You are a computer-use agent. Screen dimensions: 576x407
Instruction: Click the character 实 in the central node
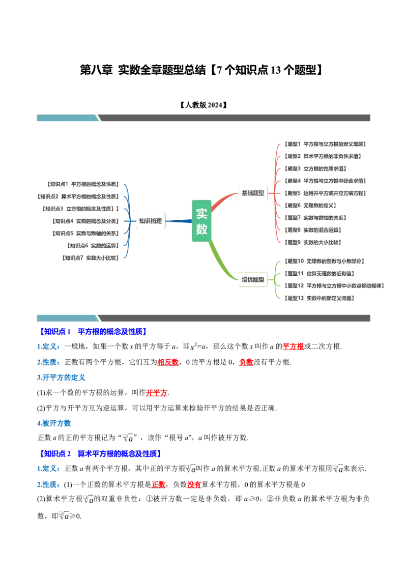202,214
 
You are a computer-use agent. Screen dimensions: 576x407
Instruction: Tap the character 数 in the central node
202,229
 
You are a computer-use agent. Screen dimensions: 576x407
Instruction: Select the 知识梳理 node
150,221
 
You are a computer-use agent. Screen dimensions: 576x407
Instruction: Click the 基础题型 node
252,193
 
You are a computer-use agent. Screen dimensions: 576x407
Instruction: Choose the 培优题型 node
253,279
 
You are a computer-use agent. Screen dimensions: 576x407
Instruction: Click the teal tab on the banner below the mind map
67,318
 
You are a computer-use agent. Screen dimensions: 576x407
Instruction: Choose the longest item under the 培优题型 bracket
335,285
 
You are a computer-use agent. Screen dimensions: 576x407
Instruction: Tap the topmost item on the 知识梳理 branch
83,182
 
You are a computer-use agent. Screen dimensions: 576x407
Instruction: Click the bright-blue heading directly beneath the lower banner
94,332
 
